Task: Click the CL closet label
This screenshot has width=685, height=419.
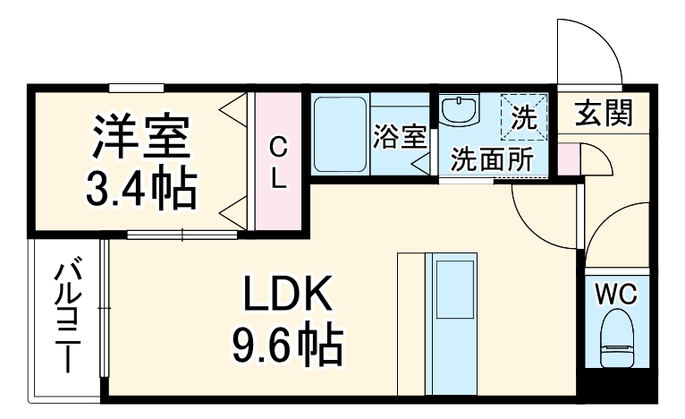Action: pos(279,161)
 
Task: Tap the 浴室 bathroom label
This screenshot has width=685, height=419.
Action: pos(399,137)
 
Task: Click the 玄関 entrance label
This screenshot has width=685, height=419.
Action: pos(604,114)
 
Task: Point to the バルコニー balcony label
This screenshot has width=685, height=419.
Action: pos(68,318)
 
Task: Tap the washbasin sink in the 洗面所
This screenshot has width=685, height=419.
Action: pos(461,112)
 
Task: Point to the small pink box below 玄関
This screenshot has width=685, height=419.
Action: pos(568,158)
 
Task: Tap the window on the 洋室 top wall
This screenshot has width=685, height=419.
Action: pos(137,87)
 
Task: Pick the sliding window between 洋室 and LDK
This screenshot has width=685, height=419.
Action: pos(183,235)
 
